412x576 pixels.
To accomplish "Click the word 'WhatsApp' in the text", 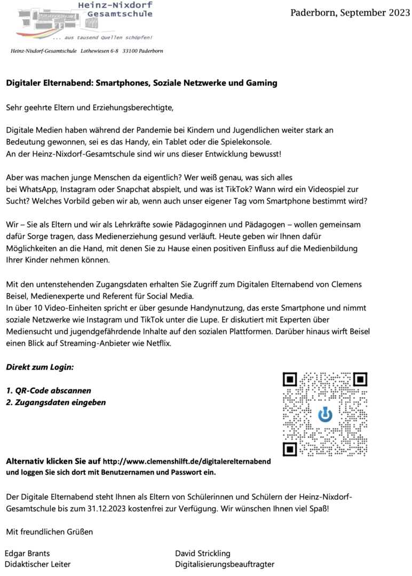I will point(35,189).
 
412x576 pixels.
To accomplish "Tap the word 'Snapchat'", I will point(135,189).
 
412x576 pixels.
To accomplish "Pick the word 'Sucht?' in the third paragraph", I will point(18,201).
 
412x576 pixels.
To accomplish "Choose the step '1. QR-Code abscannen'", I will point(49,390).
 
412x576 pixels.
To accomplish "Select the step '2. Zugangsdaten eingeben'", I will point(56,402).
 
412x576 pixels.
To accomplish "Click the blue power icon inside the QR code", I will point(324,414).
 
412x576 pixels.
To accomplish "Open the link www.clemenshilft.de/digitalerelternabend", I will point(187,461).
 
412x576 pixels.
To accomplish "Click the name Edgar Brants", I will point(27,554).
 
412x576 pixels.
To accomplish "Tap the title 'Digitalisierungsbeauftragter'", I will point(225,564).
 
